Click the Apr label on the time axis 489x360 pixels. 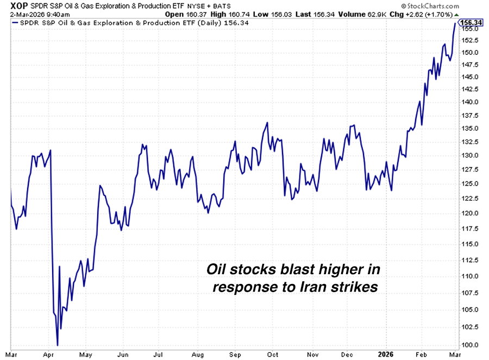[50, 354]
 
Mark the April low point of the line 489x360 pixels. [57, 345]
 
